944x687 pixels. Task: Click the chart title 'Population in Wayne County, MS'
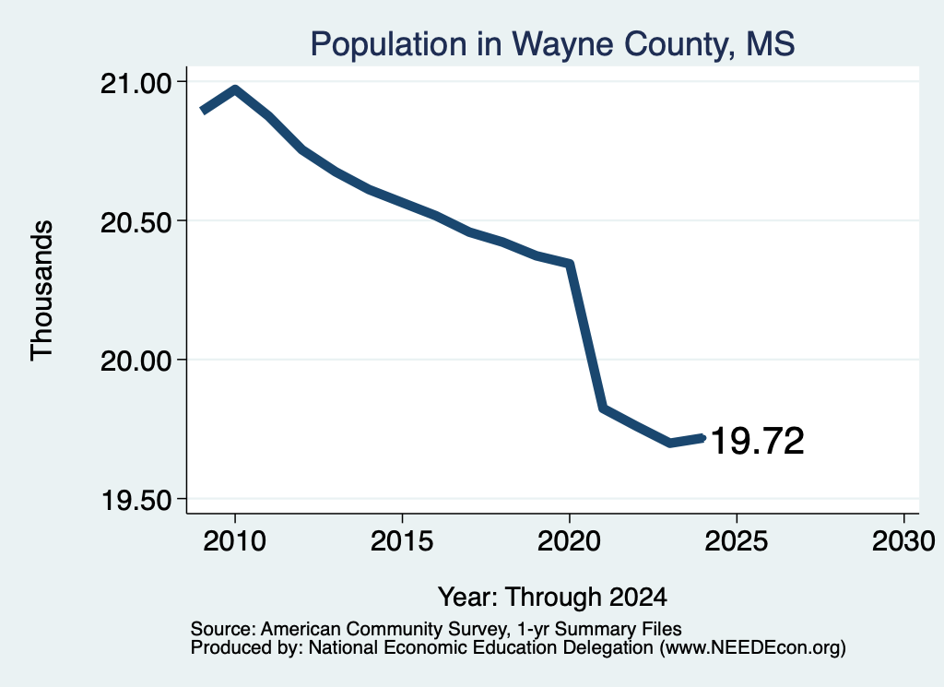pyautogui.click(x=552, y=44)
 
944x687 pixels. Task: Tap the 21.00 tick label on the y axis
pyautogui.click(x=136, y=83)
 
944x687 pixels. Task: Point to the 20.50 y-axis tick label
pyautogui.click(x=136, y=222)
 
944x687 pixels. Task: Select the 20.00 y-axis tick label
pyautogui.click(x=136, y=361)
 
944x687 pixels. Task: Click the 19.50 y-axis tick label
pyautogui.click(x=137, y=501)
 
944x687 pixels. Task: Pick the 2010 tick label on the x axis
pyautogui.click(x=235, y=540)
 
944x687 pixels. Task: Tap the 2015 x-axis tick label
pyautogui.click(x=402, y=540)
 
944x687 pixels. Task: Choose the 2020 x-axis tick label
pyautogui.click(x=569, y=540)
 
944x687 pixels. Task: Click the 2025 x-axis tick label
pyautogui.click(x=737, y=540)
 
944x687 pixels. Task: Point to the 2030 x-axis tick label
pyautogui.click(x=903, y=540)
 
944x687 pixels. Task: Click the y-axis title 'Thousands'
pyautogui.click(x=42, y=290)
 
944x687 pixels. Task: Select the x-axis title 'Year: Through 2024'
pyautogui.click(x=553, y=598)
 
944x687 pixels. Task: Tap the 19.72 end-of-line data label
pyautogui.click(x=758, y=441)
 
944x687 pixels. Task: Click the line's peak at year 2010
pyautogui.click(x=235, y=90)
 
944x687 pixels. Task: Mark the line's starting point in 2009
pyautogui.click(x=204, y=111)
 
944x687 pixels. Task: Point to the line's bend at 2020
pyautogui.click(x=568, y=264)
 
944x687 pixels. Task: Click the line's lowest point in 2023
pyautogui.click(x=670, y=443)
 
